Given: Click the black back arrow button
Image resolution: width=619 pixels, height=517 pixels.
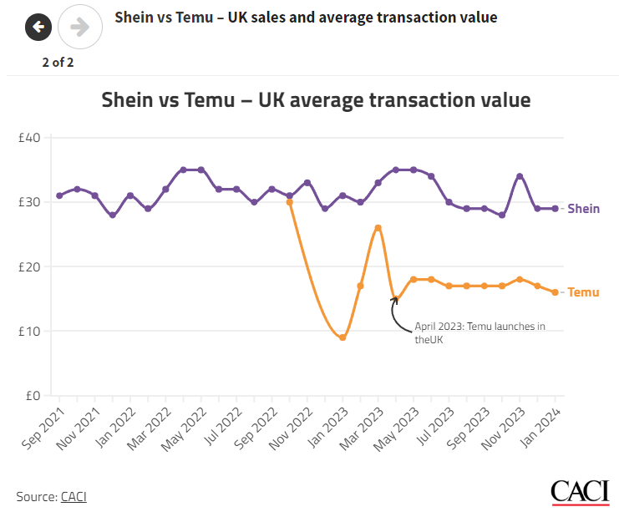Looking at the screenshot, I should (x=38, y=28).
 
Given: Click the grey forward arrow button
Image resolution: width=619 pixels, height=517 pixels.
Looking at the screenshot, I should (x=80, y=28).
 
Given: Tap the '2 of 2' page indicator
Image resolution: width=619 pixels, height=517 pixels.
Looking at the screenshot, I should (x=58, y=62).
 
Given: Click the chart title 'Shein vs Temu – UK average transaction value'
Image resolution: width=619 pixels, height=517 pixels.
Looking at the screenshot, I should (x=316, y=100).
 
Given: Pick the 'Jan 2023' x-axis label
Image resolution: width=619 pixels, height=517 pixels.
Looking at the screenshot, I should (x=328, y=425).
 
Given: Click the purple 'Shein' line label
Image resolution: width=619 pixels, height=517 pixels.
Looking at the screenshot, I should (x=583, y=209).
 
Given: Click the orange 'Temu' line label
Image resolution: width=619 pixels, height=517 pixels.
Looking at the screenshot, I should (x=583, y=292).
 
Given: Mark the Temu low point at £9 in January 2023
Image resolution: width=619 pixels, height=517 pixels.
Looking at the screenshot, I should (x=342, y=337).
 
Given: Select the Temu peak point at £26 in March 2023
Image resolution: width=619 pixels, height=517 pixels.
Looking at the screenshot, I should (x=378, y=227).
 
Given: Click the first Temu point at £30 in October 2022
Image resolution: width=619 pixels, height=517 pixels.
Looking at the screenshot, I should (x=290, y=202).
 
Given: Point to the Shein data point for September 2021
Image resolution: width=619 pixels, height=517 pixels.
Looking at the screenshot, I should (x=59, y=195).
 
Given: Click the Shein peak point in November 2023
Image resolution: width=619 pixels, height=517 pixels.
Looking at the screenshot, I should (x=520, y=176).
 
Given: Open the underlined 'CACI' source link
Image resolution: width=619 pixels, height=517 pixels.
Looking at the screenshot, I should (x=74, y=497).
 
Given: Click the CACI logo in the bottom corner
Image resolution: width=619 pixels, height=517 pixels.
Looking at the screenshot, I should (x=580, y=493).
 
